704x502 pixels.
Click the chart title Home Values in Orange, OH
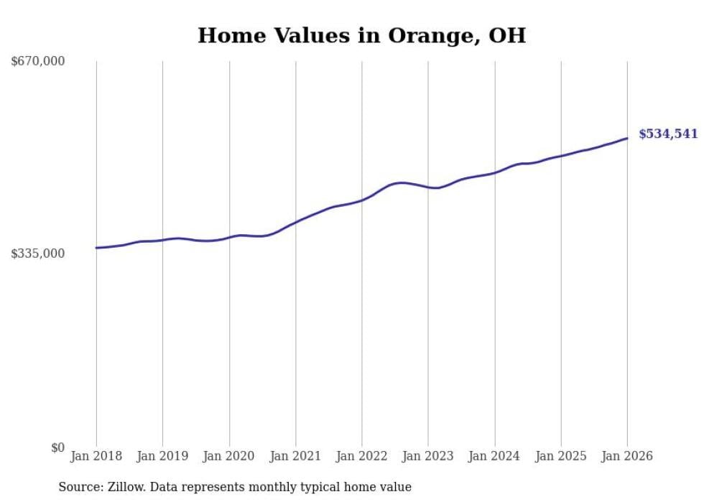pyautogui.click(x=361, y=35)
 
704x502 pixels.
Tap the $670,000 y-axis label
pyautogui.click(x=38, y=62)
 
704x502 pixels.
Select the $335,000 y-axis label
pyautogui.click(x=38, y=254)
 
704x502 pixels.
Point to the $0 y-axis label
pyautogui.click(x=57, y=447)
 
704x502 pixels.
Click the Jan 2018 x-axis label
pyautogui.click(x=96, y=456)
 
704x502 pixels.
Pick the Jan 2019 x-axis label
pyautogui.click(x=162, y=456)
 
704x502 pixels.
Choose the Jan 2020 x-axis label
pyautogui.click(x=229, y=456)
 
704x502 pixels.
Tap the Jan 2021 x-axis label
pyautogui.click(x=295, y=456)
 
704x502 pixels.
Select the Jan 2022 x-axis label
pyautogui.click(x=362, y=456)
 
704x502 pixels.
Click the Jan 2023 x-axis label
pyautogui.click(x=428, y=456)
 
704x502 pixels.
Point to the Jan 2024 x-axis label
pyautogui.click(x=494, y=456)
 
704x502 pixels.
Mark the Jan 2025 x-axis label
pyautogui.click(x=561, y=456)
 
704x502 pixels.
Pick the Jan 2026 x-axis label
pyautogui.click(x=627, y=456)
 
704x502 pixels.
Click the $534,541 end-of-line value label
pyautogui.click(x=668, y=134)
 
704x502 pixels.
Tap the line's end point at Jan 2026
pyautogui.click(x=627, y=138)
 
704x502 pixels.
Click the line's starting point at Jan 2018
pyautogui.click(x=96, y=248)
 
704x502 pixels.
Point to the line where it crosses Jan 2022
pyautogui.click(x=362, y=200)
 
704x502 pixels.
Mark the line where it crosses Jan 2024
pyautogui.click(x=494, y=172)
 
